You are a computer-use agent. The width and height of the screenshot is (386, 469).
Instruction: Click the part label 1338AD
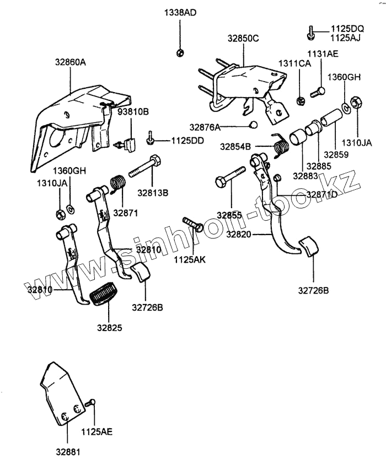pos(180,13)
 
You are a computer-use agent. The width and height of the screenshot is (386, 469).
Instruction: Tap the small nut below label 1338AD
pos(180,52)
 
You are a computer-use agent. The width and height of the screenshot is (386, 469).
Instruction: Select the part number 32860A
pos(70,63)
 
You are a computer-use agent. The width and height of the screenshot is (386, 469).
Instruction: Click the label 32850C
pos(243,39)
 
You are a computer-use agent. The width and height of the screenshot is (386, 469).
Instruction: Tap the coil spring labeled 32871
pos(117,184)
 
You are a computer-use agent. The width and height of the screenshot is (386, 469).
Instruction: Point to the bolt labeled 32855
pos(231,175)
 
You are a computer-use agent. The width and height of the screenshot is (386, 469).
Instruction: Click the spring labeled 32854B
pos(281,146)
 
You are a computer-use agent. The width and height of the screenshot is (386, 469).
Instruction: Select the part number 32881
pos(67,452)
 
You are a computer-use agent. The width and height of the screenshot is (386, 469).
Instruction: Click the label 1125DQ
pos(347,29)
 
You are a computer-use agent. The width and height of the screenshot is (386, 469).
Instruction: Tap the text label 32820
pos(238,234)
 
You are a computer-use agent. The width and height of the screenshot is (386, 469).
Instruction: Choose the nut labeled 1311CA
pos(301,100)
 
